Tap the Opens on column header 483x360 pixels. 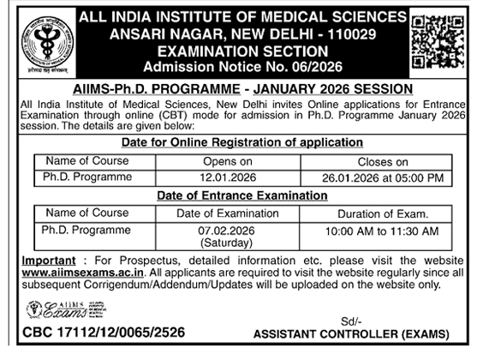[x=226, y=161]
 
